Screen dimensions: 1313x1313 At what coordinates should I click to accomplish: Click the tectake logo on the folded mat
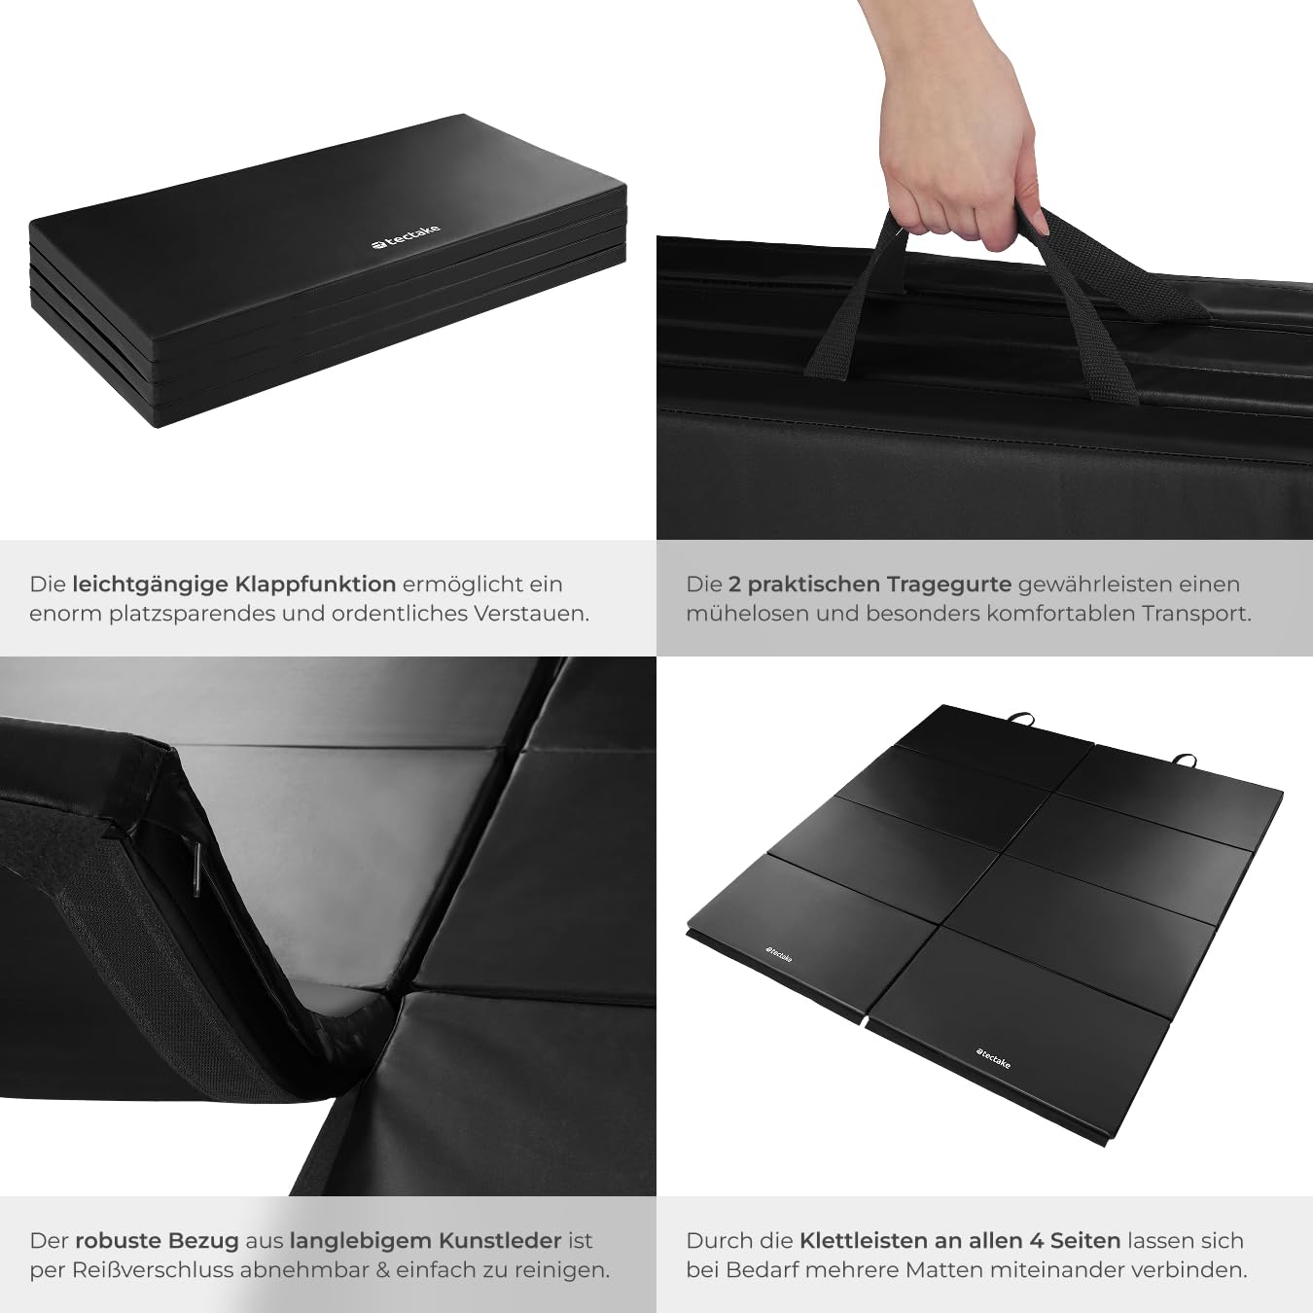(x=407, y=237)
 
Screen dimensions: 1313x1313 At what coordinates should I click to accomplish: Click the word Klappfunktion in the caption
(x=315, y=585)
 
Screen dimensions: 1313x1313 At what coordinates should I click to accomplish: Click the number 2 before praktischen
(x=734, y=585)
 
